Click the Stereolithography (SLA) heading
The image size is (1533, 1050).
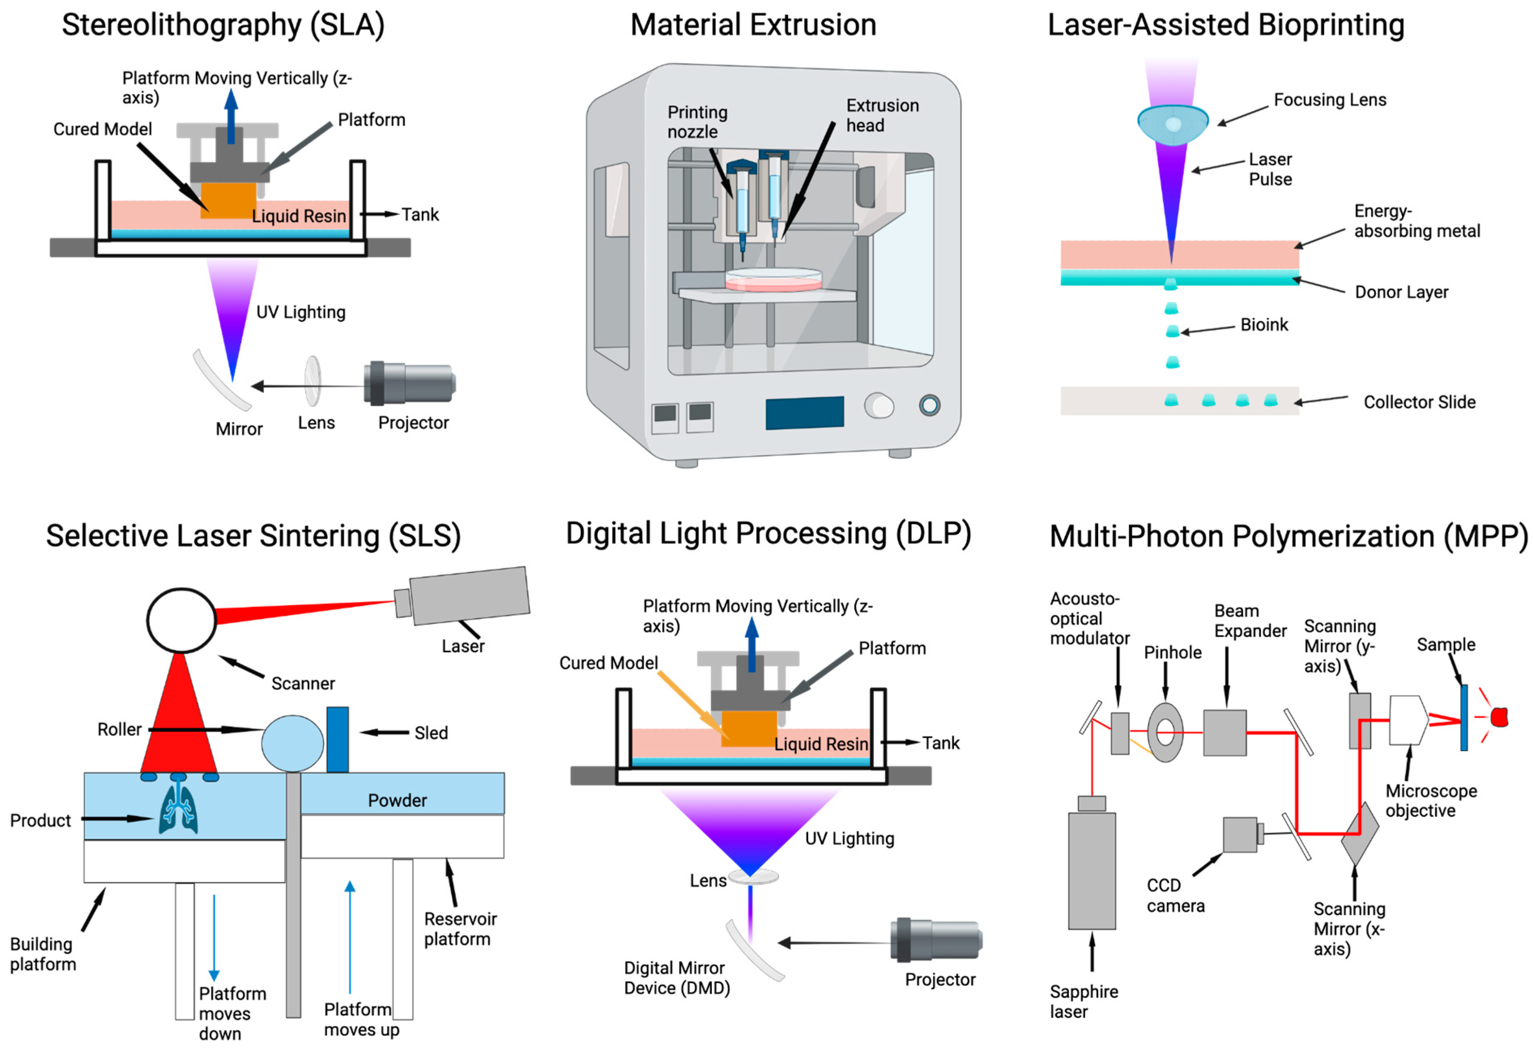[x=223, y=25]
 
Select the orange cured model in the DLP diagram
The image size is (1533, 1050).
[x=749, y=728]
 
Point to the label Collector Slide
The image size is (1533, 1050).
[x=1419, y=402]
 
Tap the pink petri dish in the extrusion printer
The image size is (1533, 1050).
[x=773, y=280]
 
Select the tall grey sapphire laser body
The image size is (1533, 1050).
[x=1092, y=871]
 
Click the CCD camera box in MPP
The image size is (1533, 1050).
[x=1240, y=834]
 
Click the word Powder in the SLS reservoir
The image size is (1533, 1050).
[x=397, y=800]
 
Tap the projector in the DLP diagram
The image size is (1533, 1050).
[x=937, y=940]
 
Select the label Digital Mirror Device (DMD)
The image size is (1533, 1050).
[x=676, y=978]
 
